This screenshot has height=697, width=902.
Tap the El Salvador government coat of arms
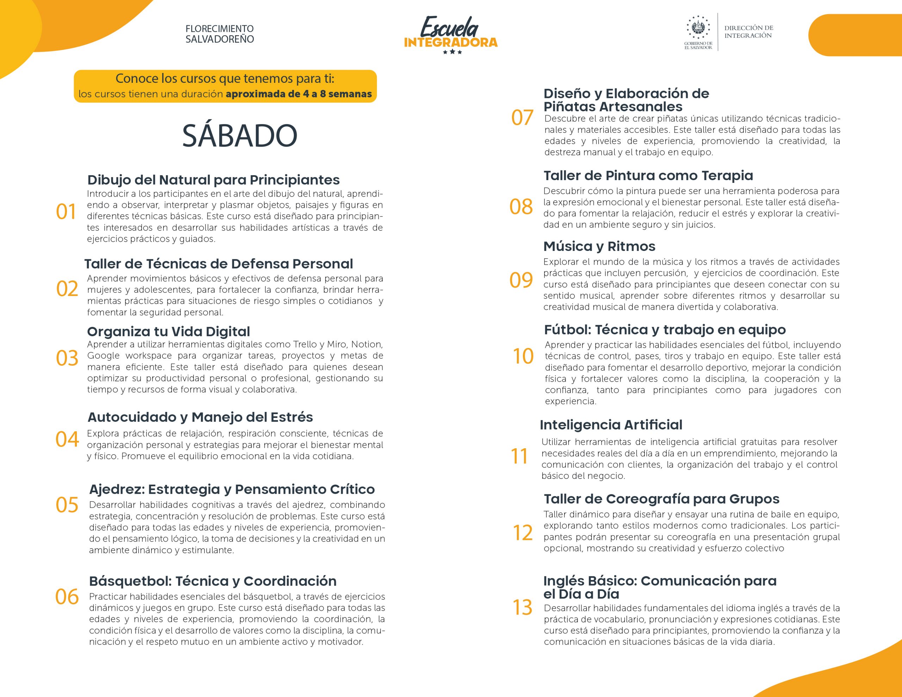[x=698, y=28]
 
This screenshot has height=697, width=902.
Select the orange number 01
[x=66, y=211]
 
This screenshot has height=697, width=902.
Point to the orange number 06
[x=67, y=597]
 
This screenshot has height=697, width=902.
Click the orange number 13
[x=523, y=607]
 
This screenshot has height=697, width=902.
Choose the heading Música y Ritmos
[x=599, y=246]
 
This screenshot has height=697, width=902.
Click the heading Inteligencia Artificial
[x=611, y=425]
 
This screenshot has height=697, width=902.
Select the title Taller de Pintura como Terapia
[x=648, y=175]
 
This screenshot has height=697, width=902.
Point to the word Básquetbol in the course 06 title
[x=130, y=581]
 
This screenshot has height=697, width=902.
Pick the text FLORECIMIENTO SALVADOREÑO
[x=220, y=34]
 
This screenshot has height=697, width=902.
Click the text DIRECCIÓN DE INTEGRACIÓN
[x=749, y=32]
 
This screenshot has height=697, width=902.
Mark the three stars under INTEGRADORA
[x=452, y=53]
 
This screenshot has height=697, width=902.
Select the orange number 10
[x=523, y=356]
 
